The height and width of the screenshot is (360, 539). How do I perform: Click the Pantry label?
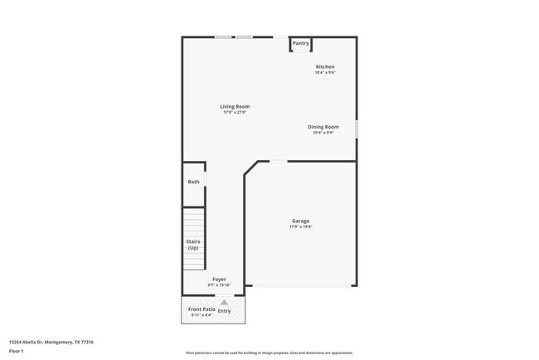point(300,43)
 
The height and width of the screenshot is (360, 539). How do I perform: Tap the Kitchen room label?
point(325,66)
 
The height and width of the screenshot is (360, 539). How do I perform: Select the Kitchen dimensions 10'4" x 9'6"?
point(325,72)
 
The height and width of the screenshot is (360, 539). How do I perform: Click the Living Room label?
point(235,106)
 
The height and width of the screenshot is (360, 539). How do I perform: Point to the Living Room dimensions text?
point(235,112)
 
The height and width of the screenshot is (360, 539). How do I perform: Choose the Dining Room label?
point(323,126)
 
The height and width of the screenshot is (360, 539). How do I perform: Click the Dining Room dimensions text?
point(323,132)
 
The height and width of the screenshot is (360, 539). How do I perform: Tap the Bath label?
point(193,182)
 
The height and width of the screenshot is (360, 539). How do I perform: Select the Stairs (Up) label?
point(192,245)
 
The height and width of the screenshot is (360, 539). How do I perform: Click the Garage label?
point(300,221)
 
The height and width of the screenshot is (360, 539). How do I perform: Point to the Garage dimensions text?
point(300,226)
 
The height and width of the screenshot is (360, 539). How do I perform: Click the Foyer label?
point(219,280)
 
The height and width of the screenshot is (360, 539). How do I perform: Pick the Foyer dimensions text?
point(219,285)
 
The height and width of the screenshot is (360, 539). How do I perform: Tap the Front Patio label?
point(202,309)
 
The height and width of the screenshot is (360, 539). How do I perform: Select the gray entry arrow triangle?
point(223,302)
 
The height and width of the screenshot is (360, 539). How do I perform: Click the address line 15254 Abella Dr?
point(51,342)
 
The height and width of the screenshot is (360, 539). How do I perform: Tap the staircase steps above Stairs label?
point(194,222)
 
